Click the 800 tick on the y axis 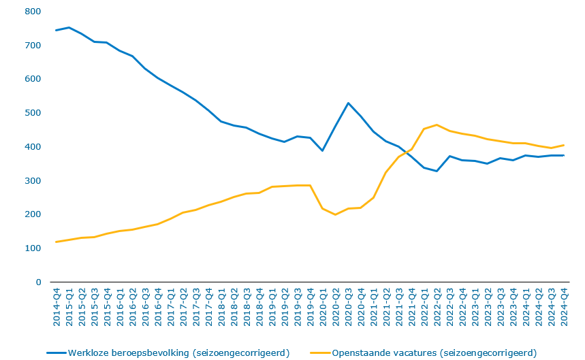pos(33,12)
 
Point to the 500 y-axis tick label pos(33,113)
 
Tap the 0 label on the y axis pos(38,282)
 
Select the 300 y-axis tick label pos(33,180)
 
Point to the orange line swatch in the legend pos(319,353)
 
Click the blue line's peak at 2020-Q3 pos(349,103)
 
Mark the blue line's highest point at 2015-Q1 pos(69,28)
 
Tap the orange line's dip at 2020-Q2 pos(336,215)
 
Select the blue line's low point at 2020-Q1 pos(323,150)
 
